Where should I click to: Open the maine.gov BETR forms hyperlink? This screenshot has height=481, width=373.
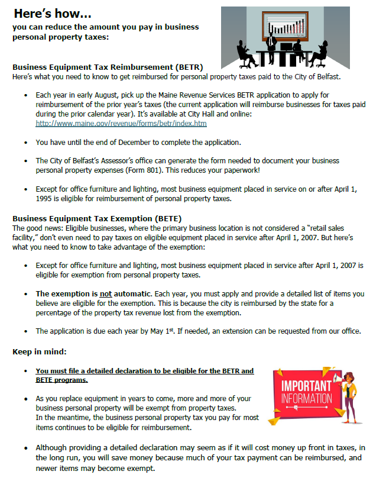(x=121, y=124)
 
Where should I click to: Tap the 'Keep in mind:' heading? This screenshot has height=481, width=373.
(x=41, y=351)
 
